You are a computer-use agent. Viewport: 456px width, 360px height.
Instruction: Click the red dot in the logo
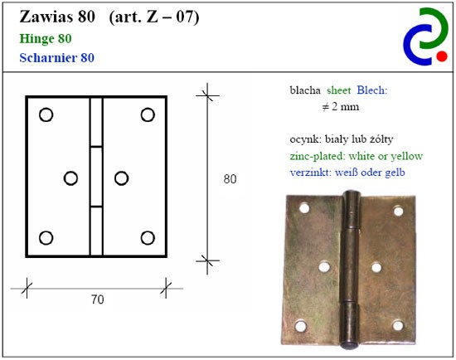tap(442, 56)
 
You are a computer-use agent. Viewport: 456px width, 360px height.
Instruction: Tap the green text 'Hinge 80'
tap(46, 39)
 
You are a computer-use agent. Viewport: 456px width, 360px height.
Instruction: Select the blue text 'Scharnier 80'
tap(56, 57)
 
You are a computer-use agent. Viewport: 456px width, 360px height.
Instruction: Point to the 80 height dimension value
tap(230, 179)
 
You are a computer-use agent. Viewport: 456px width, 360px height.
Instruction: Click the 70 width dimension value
tap(98, 299)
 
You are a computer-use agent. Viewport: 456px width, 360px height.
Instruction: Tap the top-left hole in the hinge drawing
tap(46, 114)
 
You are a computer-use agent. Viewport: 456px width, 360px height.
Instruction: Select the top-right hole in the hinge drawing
tap(148, 114)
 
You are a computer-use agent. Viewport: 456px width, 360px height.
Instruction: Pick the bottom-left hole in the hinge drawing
tap(46, 238)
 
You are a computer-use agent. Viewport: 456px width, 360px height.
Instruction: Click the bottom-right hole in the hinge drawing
tap(148, 238)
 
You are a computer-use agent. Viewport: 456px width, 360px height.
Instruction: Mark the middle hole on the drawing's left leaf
tap(70, 178)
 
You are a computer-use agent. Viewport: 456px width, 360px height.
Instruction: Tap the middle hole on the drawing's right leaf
tap(122, 178)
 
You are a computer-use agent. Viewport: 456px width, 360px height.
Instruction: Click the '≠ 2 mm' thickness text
tap(341, 107)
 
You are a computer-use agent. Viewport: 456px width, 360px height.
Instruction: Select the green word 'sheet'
tap(339, 90)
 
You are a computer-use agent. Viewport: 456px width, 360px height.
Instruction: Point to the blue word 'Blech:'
tap(372, 90)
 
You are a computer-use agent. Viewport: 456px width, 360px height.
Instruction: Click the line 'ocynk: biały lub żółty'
tap(342, 139)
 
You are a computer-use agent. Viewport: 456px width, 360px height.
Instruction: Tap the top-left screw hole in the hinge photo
tap(304, 208)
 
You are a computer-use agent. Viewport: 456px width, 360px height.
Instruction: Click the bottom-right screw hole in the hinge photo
tap(397, 325)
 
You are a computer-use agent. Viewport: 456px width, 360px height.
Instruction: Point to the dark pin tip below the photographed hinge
tap(349, 345)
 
